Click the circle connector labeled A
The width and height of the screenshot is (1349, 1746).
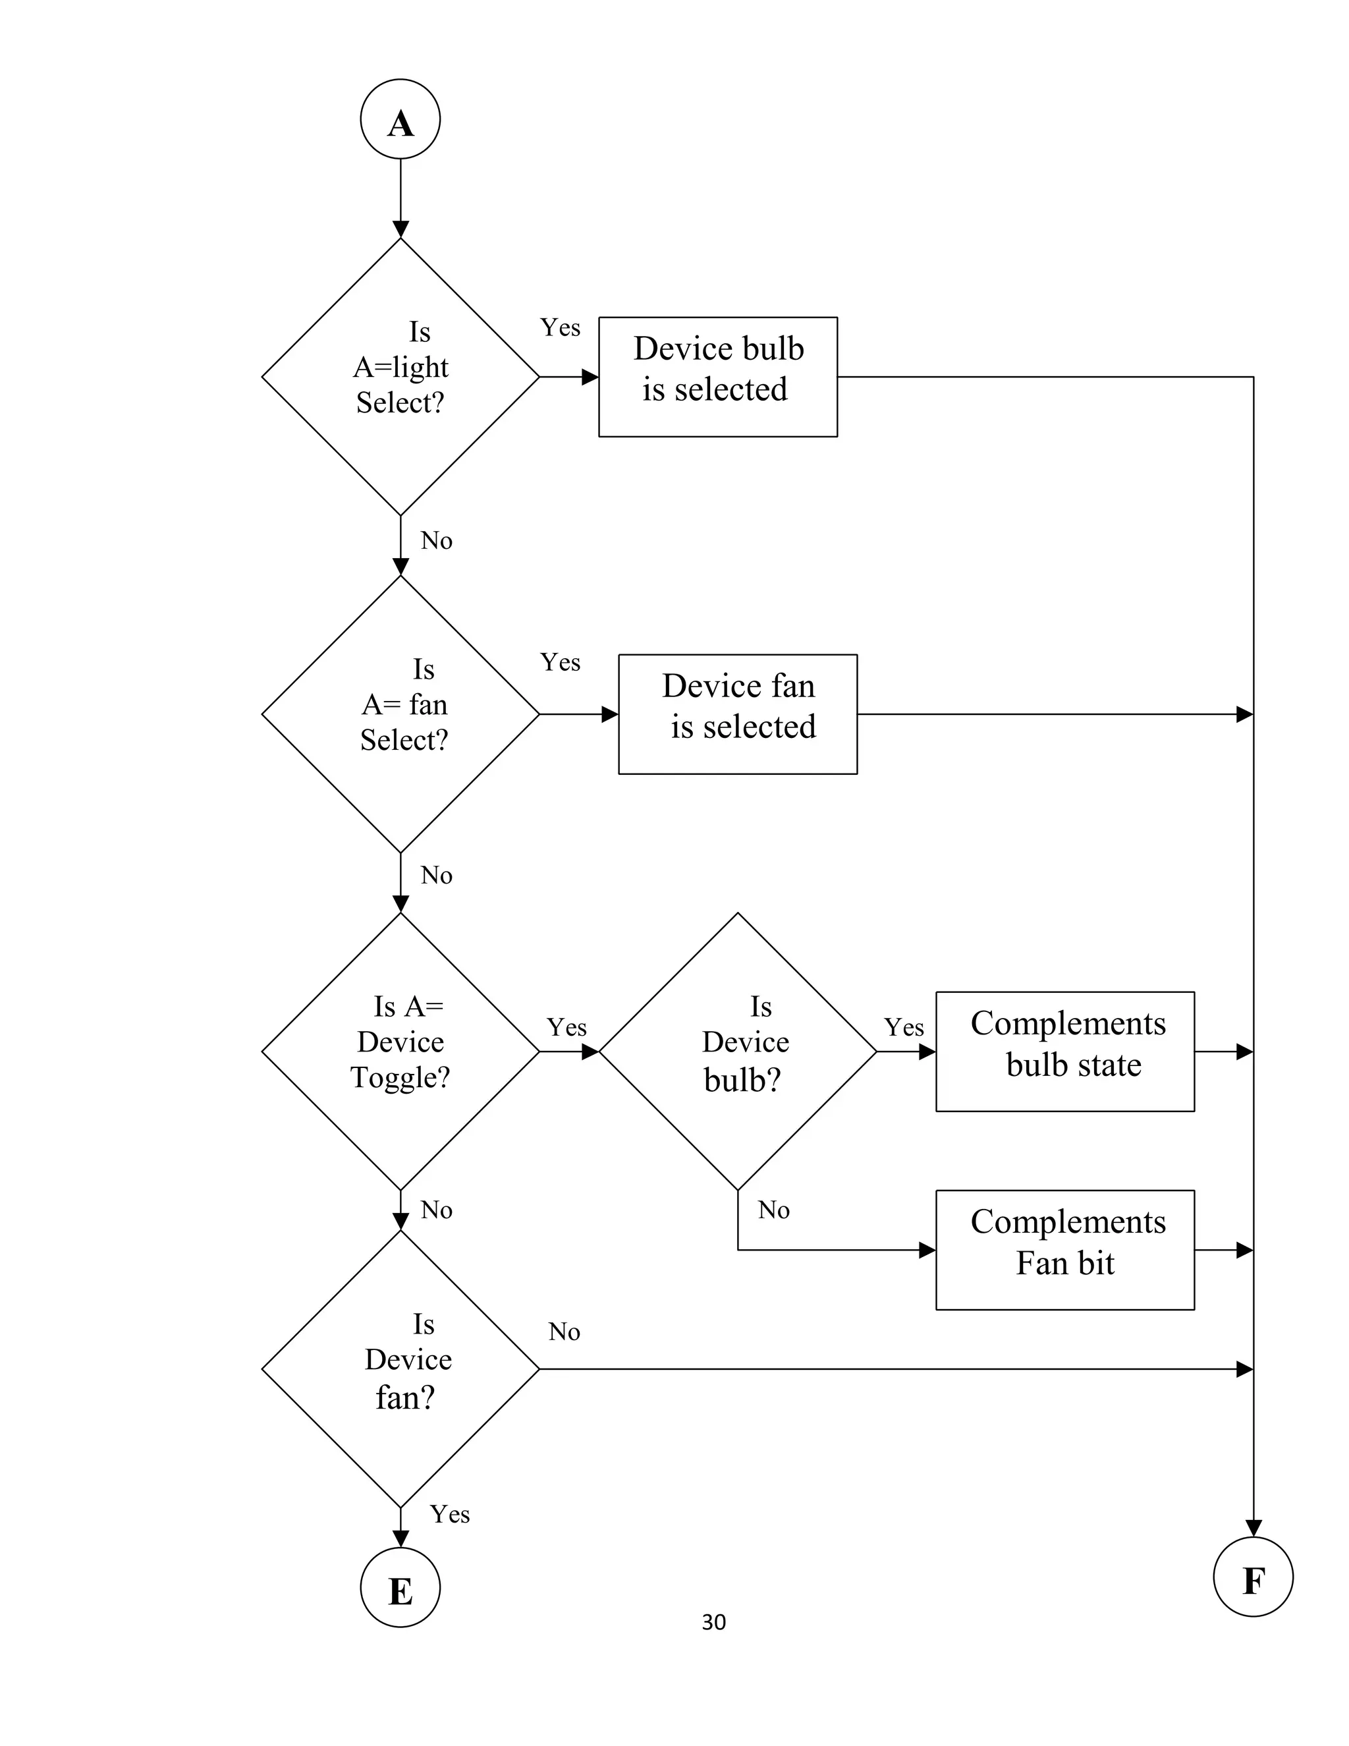click(x=400, y=119)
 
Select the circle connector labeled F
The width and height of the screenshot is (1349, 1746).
click(x=1252, y=1577)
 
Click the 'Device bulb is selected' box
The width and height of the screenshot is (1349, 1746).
click(x=718, y=376)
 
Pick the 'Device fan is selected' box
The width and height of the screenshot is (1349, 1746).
click(x=738, y=714)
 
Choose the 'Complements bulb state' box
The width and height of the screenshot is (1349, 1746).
click(x=1064, y=1052)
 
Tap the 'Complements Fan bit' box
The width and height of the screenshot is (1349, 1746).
click(x=1064, y=1249)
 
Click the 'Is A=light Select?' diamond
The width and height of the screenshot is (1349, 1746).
click(x=400, y=376)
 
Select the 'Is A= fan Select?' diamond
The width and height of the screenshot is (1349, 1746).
click(x=400, y=714)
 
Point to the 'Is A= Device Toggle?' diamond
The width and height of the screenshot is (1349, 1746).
click(x=400, y=1052)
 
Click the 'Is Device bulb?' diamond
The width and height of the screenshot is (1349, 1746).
click(x=738, y=1052)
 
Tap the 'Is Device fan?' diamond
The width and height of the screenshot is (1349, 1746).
click(x=400, y=1368)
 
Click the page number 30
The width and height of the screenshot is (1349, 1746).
click(x=713, y=1622)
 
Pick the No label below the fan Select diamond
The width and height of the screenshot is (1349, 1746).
click(x=436, y=876)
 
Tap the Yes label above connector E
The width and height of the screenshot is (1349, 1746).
click(x=449, y=1514)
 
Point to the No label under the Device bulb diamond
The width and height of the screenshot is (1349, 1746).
click(x=773, y=1210)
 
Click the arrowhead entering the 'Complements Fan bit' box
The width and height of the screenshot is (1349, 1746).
click(x=927, y=1249)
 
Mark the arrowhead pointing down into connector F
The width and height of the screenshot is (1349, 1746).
click(x=1253, y=1528)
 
